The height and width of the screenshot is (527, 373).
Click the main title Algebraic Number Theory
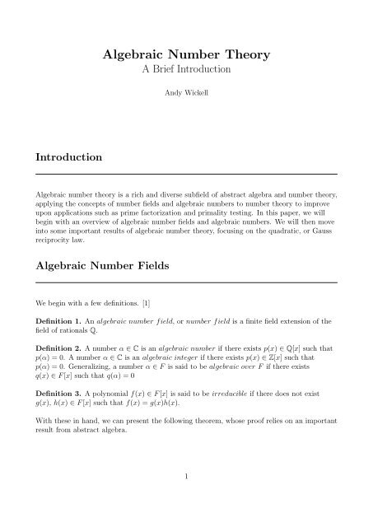[x=186, y=55]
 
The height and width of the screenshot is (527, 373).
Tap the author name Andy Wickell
[x=186, y=106]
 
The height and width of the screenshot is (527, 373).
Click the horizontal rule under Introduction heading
[x=186, y=175]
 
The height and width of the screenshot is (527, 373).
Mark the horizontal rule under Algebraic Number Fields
[x=186, y=284]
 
